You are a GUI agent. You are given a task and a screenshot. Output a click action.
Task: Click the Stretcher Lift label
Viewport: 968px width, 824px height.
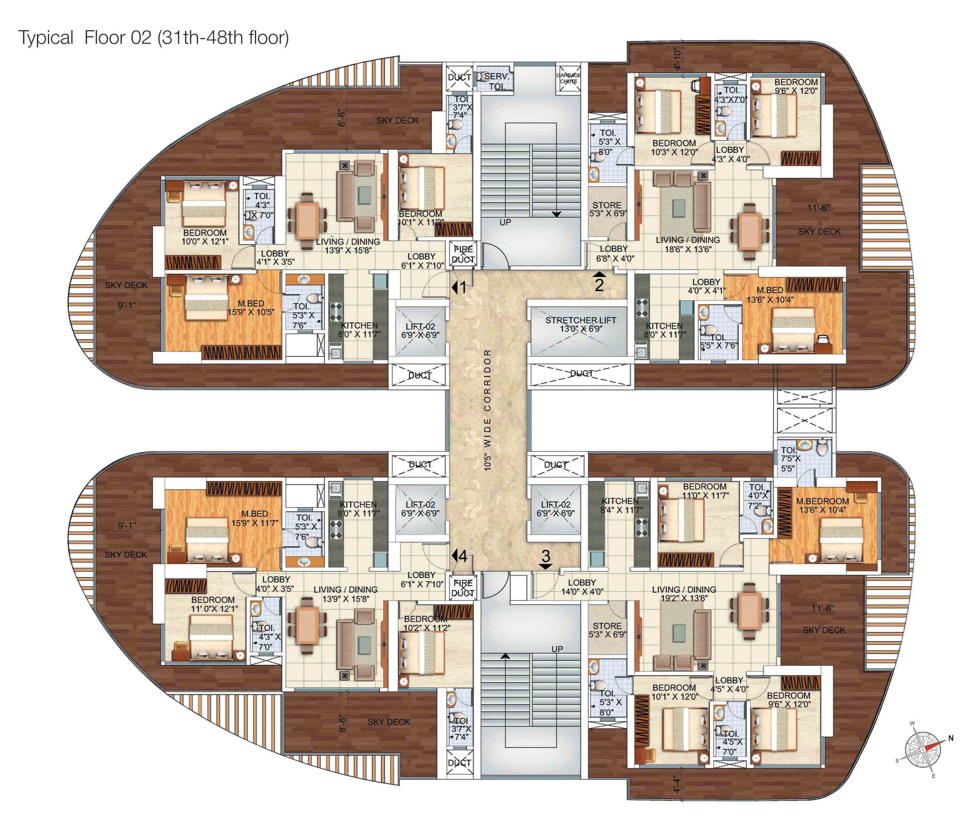580,324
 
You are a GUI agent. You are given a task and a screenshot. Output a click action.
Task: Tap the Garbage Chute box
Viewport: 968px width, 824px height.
568,78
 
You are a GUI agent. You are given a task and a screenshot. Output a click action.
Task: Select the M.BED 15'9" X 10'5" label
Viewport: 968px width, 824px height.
250,307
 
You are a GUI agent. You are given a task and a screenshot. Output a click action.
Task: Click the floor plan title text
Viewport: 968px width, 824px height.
153,37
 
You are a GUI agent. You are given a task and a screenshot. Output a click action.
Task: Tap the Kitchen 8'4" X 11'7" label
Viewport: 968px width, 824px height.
620,505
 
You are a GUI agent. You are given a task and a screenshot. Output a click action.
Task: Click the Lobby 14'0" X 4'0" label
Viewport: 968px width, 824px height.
582,587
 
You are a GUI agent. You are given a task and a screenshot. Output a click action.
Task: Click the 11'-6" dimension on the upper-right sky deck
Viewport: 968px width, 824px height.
818,208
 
